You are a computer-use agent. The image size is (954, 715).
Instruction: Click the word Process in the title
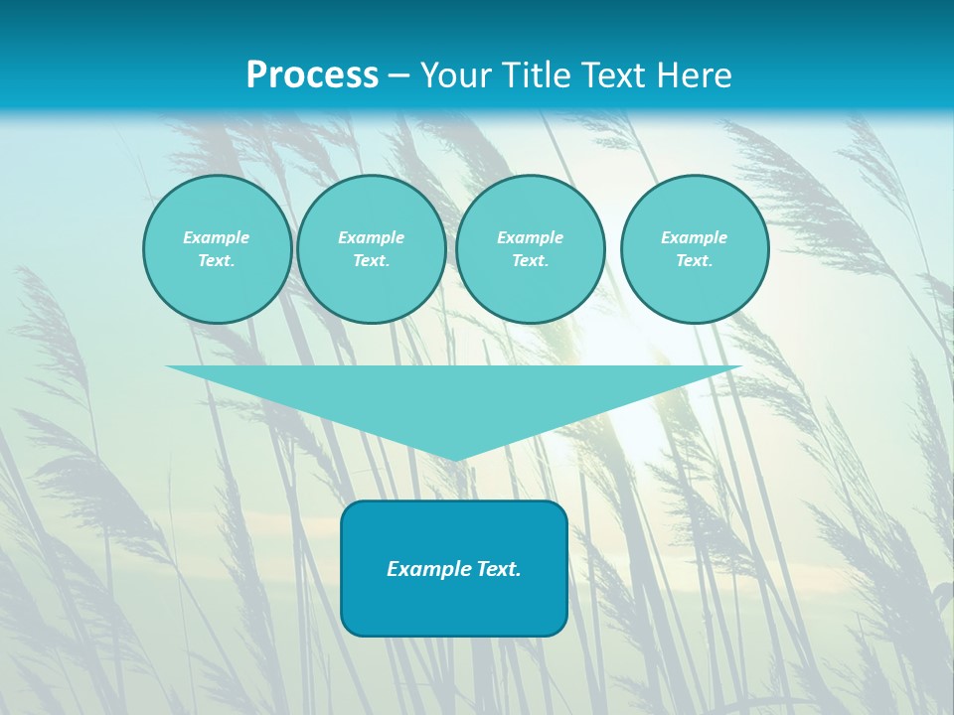coord(312,75)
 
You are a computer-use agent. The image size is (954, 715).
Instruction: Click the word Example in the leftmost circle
coord(217,237)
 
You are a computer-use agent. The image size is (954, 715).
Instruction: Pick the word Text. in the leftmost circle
coord(217,260)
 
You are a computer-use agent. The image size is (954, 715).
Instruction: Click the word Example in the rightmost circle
coord(694,237)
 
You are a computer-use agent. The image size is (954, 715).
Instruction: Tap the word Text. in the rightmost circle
coord(694,260)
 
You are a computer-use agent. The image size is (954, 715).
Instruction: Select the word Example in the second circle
coord(371,237)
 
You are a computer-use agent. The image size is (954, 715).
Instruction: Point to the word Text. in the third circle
coord(530,260)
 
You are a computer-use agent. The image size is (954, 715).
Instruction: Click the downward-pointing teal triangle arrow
coord(454,397)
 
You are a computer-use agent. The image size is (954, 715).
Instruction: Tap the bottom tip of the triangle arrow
coord(454,458)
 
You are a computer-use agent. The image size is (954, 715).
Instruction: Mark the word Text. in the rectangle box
coord(498,569)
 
